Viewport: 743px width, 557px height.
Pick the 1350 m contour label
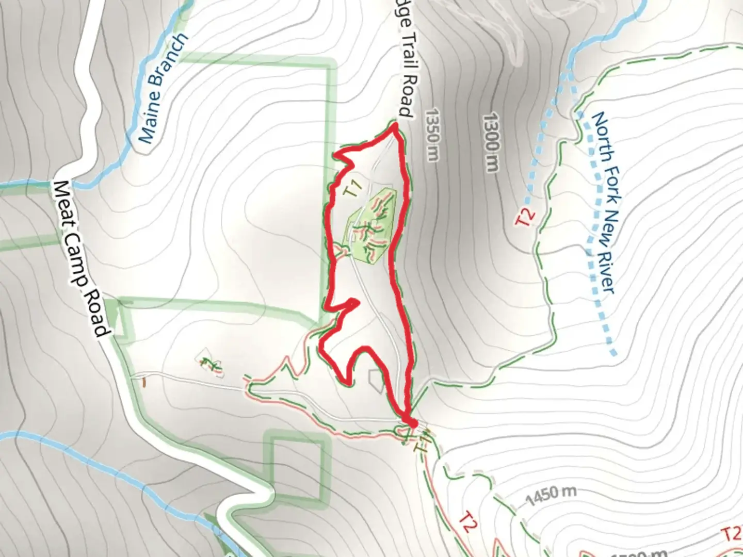[432, 134]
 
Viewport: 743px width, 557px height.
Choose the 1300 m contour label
[492, 142]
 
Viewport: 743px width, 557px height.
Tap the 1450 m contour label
[551, 496]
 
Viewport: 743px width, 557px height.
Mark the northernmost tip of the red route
[395, 125]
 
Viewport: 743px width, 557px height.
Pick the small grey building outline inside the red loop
[376, 381]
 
